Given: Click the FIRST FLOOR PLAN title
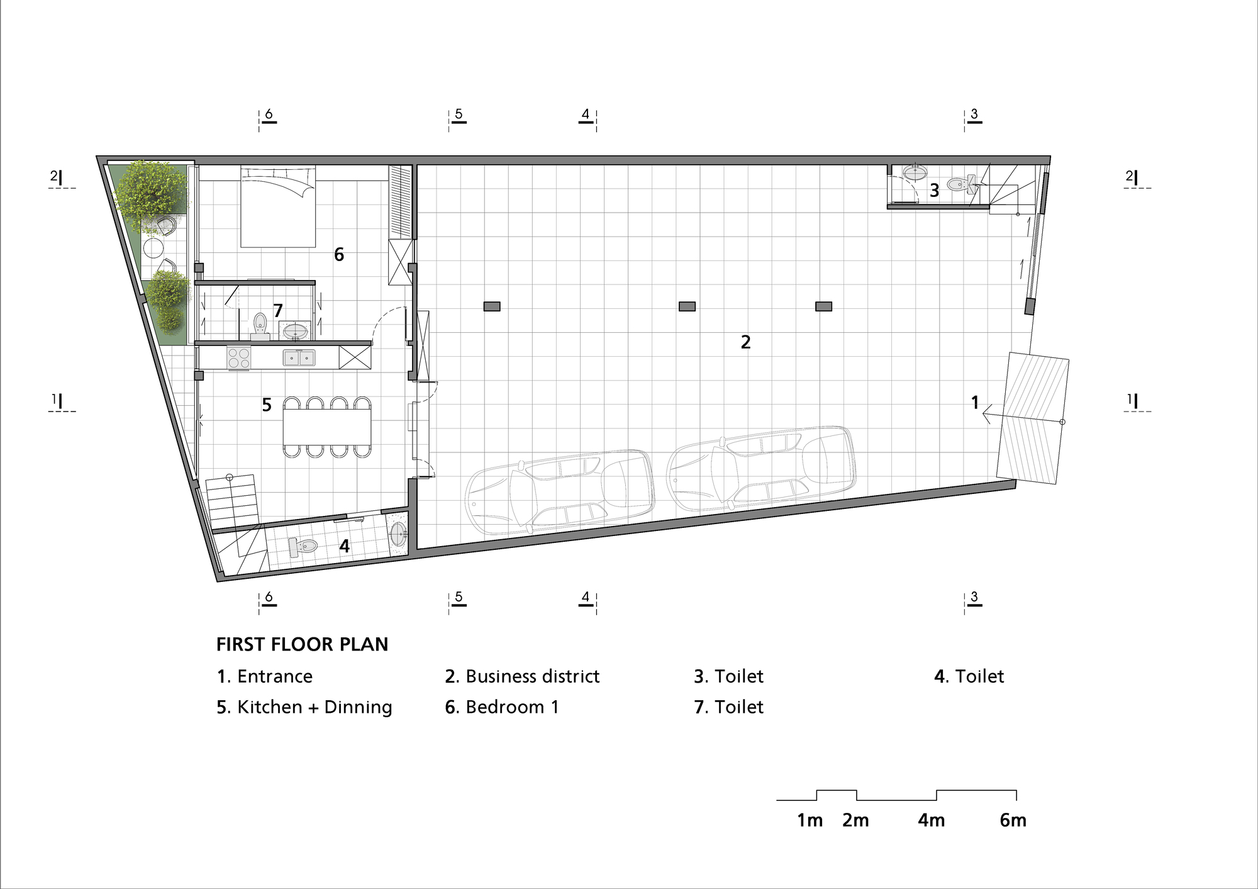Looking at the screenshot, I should click(x=302, y=644).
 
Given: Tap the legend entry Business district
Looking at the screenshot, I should click(x=522, y=676).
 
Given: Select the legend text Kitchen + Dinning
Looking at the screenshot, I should click(x=304, y=707).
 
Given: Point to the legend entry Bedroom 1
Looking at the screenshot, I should click(x=502, y=707).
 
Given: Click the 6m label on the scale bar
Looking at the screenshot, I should click(x=1013, y=820).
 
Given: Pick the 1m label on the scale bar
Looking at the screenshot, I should click(x=810, y=820).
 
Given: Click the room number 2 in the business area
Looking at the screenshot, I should click(x=745, y=342).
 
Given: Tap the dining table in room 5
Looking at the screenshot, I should click(x=326, y=427).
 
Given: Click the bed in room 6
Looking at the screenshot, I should click(x=277, y=208).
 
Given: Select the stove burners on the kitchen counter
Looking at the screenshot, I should click(x=238, y=358).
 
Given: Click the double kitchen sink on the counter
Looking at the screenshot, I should click(x=299, y=358).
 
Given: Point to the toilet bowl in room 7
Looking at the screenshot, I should click(x=260, y=323).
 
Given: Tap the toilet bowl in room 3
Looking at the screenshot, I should click(x=959, y=184).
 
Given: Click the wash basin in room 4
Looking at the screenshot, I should click(x=398, y=535).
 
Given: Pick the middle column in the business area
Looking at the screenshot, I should click(x=687, y=306).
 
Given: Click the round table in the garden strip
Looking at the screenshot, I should click(x=153, y=248).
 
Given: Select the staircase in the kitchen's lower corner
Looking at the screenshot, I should click(x=231, y=502).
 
